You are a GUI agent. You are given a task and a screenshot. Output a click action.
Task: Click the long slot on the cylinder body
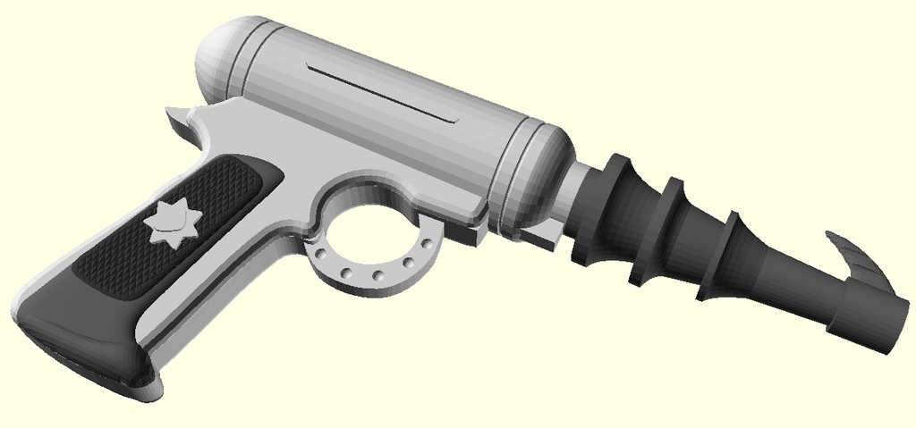(x=380, y=92)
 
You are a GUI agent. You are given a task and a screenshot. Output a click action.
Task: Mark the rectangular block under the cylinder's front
(x=544, y=236)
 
